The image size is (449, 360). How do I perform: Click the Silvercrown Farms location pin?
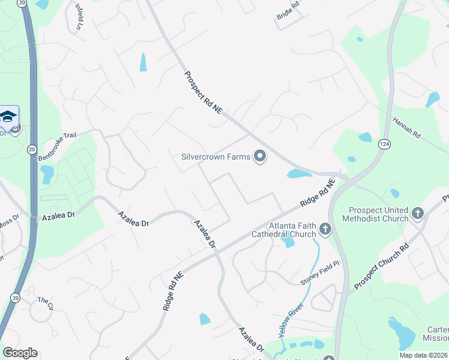(260, 157)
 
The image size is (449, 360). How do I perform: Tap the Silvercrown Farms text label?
(215, 157)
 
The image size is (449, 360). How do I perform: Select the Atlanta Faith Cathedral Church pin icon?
(325, 229)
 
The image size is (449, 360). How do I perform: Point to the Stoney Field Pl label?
(320, 272)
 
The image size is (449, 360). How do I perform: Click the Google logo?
(20, 353)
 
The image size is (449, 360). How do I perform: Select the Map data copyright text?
(423, 355)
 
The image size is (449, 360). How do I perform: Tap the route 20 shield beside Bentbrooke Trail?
(32, 148)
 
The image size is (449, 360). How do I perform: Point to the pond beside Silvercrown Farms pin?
(299, 174)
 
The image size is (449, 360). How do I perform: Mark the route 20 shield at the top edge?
(23, 3)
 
